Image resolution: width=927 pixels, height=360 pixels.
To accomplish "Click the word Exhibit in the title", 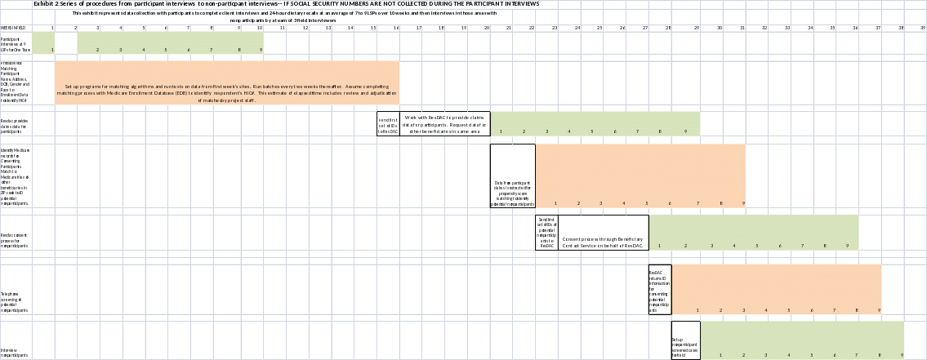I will click(43, 4).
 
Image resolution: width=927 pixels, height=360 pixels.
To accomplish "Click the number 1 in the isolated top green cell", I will click(52, 50).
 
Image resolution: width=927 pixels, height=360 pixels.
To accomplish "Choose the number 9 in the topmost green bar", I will click(261, 50).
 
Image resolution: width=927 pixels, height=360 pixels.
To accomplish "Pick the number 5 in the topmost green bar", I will click(166, 50).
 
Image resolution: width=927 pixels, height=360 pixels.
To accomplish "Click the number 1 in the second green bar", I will click(501, 131).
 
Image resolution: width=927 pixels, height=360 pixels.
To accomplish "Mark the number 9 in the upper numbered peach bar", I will click(744, 203).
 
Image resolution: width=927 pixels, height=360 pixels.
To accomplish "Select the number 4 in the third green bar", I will click(734, 246).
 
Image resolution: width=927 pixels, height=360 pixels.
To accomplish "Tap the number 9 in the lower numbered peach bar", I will click(880, 310).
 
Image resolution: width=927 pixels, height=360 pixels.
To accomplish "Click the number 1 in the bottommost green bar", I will click(720, 355).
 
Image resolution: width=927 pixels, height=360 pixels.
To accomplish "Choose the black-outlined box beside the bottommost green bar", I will click(685, 340).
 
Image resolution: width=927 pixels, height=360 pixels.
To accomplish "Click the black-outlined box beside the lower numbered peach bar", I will click(659, 290).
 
